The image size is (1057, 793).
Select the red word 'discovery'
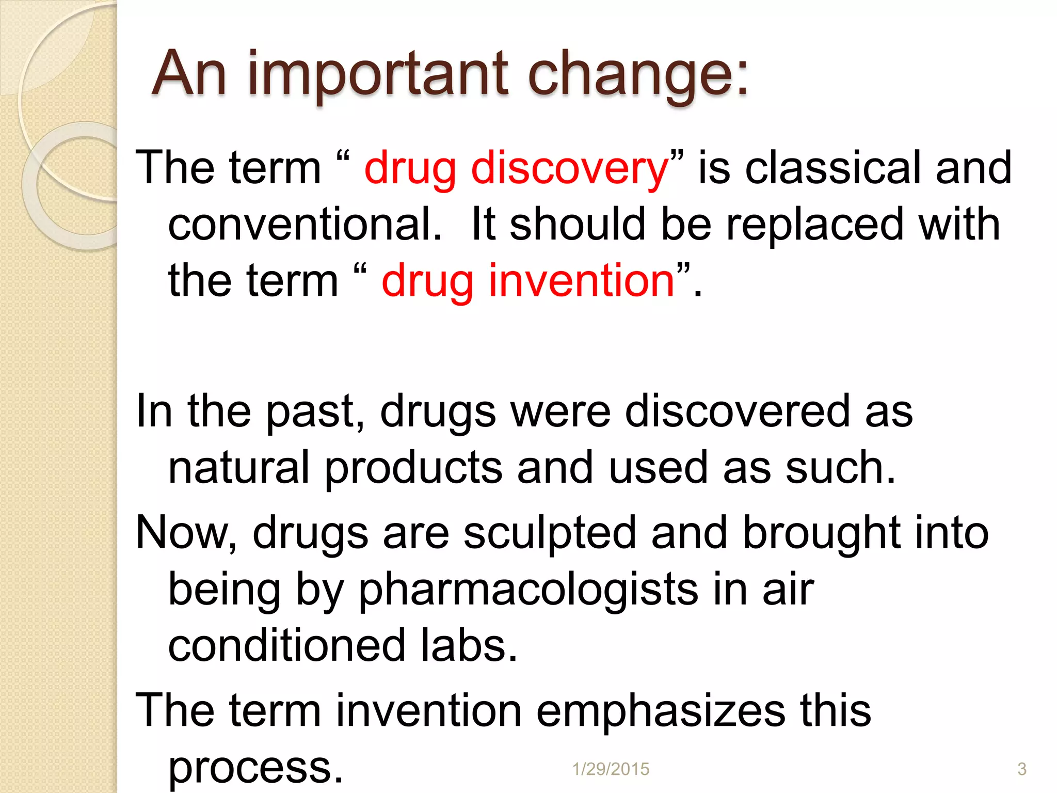[x=570, y=168]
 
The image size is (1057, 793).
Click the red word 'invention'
[x=580, y=281]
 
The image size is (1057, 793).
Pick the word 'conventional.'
[x=305, y=224]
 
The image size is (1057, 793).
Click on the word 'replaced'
[x=814, y=224]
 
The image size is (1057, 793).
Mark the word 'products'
[x=413, y=468]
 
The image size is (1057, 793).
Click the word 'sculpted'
[x=549, y=533]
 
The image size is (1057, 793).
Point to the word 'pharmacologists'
[x=528, y=590]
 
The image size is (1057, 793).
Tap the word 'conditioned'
[x=286, y=646]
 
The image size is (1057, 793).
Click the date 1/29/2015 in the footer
[x=611, y=769]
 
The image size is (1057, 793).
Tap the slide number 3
[x=1021, y=769]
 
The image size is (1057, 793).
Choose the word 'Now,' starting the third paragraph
[x=186, y=533]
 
